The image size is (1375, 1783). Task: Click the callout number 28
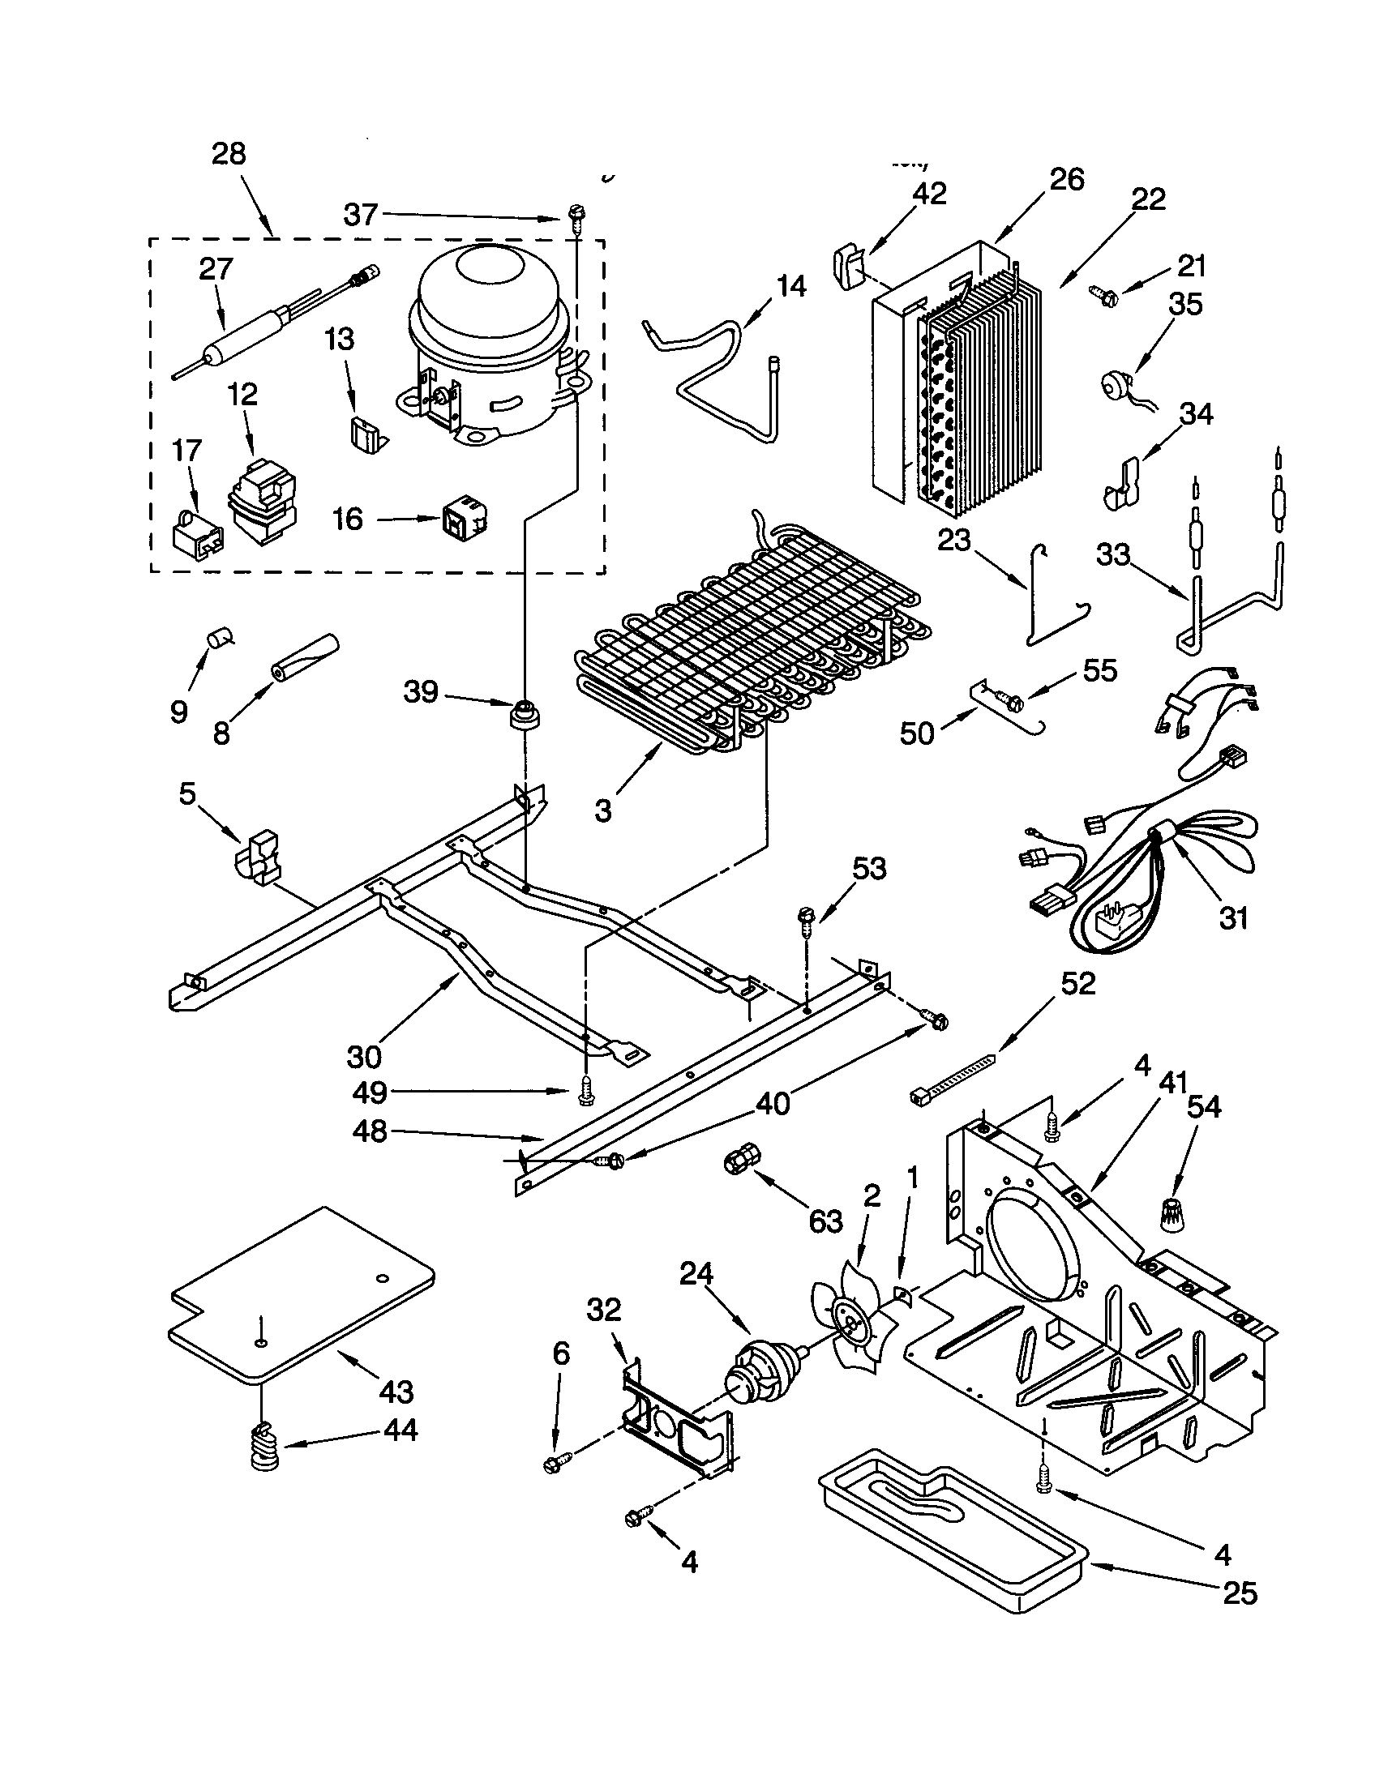(229, 153)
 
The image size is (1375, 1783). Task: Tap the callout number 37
(360, 215)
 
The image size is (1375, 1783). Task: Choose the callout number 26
(1066, 180)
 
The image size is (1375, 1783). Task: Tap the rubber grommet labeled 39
(525, 713)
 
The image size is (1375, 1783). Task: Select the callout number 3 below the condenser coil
(602, 810)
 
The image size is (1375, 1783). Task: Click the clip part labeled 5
(255, 857)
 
